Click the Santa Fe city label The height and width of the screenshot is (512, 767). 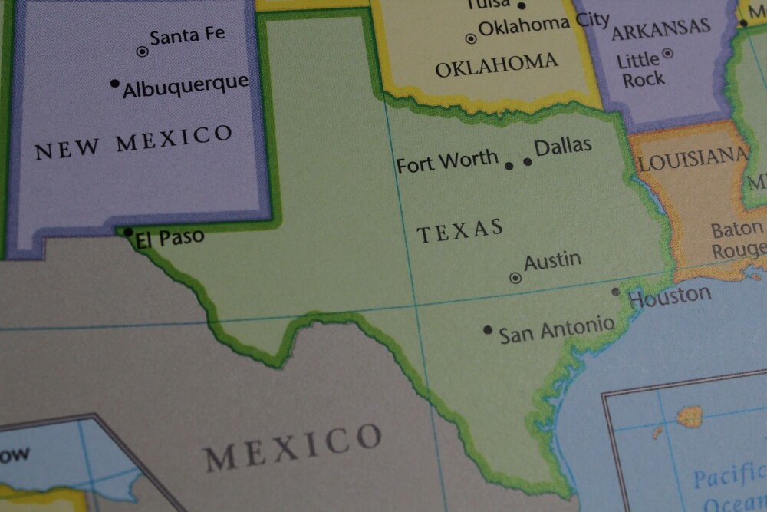click(x=187, y=36)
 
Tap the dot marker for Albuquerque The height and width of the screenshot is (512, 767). click(x=115, y=83)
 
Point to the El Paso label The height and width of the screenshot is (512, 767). click(x=170, y=238)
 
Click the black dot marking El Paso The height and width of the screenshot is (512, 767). click(x=128, y=231)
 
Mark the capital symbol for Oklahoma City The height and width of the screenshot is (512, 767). click(x=471, y=38)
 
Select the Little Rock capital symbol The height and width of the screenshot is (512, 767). click(x=667, y=53)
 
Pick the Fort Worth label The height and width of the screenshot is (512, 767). click(x=447, y=162)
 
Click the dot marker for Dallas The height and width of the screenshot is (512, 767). click(x=528, y=161)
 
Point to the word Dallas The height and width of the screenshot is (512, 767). click(x=563, y=146)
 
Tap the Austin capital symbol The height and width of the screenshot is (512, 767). click(x=515, y=278)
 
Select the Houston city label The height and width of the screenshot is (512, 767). click(x=670, y=296)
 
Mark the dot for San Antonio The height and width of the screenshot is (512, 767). click(x=488, y=330)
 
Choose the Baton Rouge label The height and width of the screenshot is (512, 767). click(x=738, y=240)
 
